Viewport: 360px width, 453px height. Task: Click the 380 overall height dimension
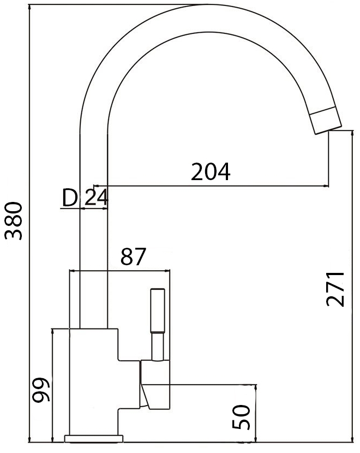(x=13, y=221)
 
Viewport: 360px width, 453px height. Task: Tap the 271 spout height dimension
(x=336, y=288)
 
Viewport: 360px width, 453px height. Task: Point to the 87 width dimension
(x=134, y=257)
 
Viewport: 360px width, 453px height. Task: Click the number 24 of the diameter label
(x=96, y=198)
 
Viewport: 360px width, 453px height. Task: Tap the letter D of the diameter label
(x=69, y=198)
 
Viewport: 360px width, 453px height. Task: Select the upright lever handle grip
(x=157, y=311)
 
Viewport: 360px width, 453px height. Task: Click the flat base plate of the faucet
(x=94, y=438)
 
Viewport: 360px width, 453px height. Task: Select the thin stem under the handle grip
(x=157, y=347)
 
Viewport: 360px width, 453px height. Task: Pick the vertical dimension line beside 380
(x=28, y=221)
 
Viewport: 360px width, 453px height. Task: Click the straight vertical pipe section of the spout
(x=93, y=246)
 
